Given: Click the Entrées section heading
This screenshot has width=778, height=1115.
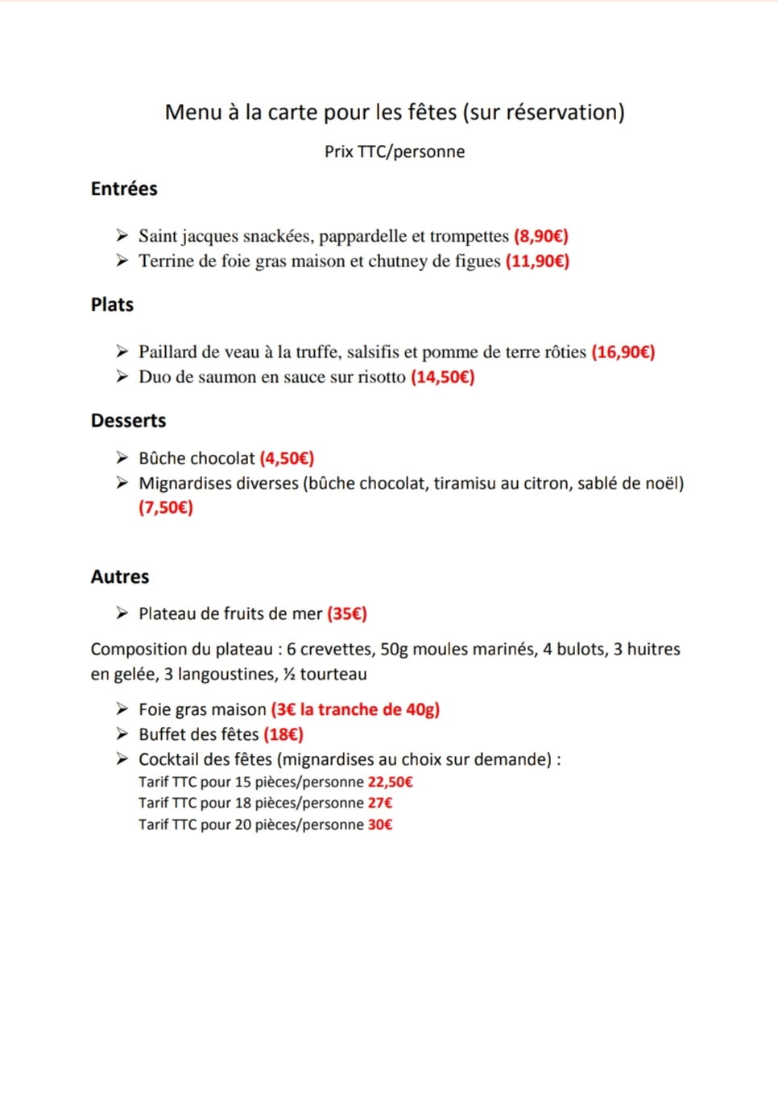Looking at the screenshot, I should tap(124, 188).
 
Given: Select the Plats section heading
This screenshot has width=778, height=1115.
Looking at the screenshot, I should tap(112, 304).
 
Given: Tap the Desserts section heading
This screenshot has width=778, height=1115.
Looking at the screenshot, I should tap(128, 420).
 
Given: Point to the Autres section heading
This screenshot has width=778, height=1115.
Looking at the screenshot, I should tap(120, 576).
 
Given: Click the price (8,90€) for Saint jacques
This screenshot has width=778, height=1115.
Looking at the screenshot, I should tap(541, 236).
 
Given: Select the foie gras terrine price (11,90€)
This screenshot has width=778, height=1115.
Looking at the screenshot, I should tap(537, 261).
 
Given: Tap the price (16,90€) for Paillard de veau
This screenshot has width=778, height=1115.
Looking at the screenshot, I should tap(623, 352).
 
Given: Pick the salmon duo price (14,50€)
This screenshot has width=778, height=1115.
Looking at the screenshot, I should tap(443, 377).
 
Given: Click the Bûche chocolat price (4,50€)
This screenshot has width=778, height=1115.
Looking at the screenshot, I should tap(287, 458).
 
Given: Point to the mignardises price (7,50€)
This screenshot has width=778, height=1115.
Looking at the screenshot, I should tap(166, 507).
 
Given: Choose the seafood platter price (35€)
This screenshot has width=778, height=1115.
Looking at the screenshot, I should tap(347, 613).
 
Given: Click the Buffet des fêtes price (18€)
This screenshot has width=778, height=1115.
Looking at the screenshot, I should tap(283, 734).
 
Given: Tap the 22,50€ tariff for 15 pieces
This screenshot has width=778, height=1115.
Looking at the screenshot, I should tap(391, 782).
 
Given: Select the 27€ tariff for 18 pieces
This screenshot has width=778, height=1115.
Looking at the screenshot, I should tap(380, 803).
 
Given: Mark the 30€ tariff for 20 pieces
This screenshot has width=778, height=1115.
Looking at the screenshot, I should tap(380, 824).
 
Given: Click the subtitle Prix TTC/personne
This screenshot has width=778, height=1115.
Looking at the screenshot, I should tap(395, 151).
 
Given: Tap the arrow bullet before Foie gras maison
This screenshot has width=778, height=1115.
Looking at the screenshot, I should tap(122, 709).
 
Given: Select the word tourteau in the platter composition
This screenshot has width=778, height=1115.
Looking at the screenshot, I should tap(333, 674).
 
